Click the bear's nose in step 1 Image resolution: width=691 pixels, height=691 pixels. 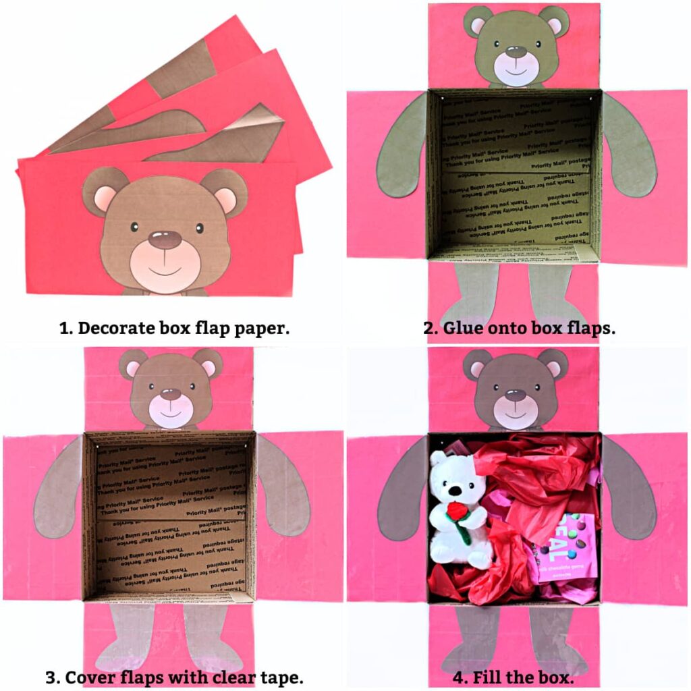[165, 238]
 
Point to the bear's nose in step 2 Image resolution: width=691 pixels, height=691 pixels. [516, 51]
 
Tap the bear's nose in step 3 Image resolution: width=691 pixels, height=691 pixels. [171, 393]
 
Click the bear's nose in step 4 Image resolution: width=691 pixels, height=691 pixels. [516, 394]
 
